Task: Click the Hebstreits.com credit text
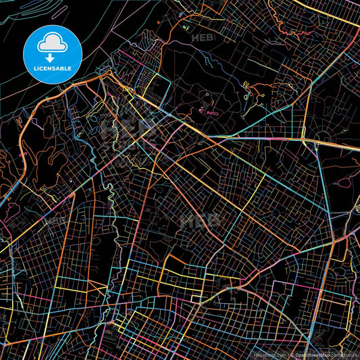269,353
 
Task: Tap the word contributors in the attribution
344,353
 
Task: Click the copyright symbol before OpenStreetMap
292,353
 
